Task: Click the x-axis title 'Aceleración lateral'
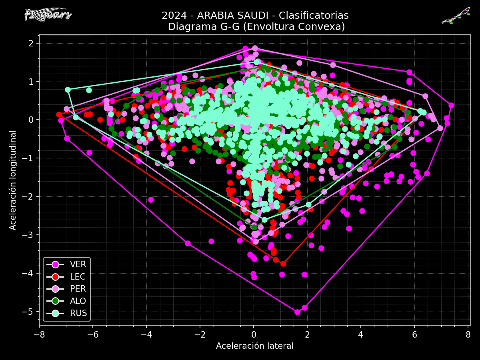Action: click(255, 346)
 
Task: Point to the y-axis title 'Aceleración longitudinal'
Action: click(13, 180)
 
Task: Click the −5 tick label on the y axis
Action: click(32, 312)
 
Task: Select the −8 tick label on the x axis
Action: click(39, 334)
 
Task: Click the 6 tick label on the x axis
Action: click(414, 334)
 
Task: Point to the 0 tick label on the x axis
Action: click(254, 334)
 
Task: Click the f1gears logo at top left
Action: click(48, 15)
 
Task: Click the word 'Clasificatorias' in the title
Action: click(314, 16)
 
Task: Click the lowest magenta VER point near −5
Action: click(297, 312)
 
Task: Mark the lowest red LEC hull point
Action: click(283, 264)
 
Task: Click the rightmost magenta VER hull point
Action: click(451, 105)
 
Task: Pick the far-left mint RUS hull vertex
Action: click(68, 90)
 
